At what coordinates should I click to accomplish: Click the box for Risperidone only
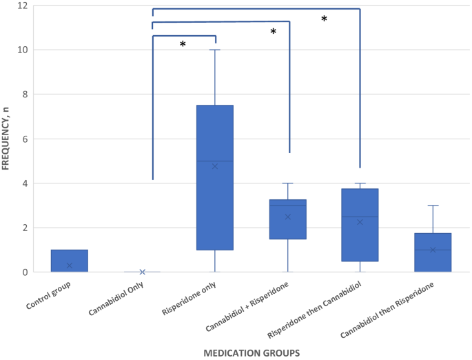point(215,177)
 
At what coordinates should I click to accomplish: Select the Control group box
point(69,261)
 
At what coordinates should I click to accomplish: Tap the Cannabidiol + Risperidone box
point(288,229)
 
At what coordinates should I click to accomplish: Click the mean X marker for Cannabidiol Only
point(142,272)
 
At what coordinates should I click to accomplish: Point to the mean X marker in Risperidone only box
point(215,166)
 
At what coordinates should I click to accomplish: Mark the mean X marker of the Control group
point(69,266)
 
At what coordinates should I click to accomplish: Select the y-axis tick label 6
point(25,139)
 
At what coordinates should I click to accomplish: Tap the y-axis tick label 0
point(25,272)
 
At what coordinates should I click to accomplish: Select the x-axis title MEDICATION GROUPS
point(251,353)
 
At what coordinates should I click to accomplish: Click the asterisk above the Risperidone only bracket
point(183,45)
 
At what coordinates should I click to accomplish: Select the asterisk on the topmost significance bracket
point(324,19)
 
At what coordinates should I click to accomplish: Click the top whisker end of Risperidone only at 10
point(215,50)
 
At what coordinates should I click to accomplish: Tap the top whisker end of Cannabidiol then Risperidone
point(433,206)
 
